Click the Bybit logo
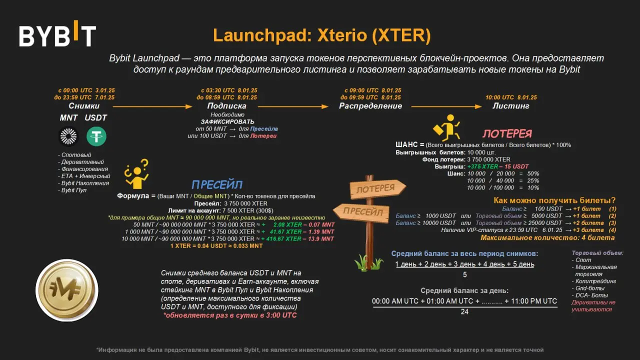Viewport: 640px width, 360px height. pos(57,35)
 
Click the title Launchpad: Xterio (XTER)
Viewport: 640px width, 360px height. pos(321,35)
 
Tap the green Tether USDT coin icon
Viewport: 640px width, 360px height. pos(96,136)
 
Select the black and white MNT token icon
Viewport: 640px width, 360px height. pos(68,136)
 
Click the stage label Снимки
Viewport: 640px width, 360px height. pos(84,106)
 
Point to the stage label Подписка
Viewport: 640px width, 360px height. pos(226,106)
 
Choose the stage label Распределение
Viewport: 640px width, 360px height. pos(370,106)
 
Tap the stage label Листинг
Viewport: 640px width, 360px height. pos(511,106)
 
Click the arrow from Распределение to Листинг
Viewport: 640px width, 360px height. pos(446,106)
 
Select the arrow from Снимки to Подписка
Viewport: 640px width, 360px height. pos(152,106)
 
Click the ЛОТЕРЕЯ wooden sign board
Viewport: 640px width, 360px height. pos(376,188)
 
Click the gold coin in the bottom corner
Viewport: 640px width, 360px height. pos(67,290)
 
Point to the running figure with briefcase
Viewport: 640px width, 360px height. pos(446,127)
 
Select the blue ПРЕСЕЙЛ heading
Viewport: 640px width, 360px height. pos(217,185)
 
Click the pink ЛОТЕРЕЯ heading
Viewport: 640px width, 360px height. pos(506,134)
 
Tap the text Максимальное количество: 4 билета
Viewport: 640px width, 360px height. pos(547,238)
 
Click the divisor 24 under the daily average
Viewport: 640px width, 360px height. pos(464,312)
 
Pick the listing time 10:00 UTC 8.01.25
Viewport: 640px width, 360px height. pos(511,97)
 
